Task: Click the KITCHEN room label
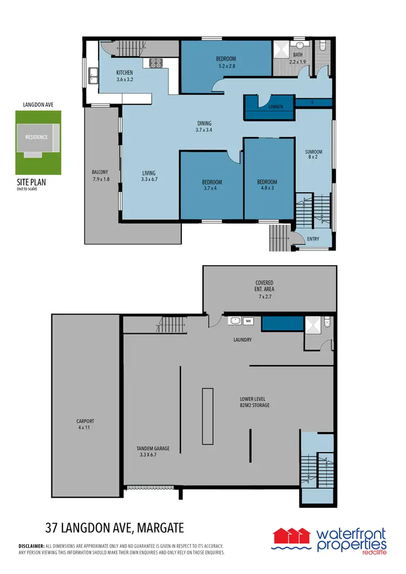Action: pos(125,73)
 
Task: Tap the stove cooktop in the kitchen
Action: pos(156,63)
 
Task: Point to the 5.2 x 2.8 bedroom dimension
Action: pos(226,66)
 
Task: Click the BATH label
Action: pos(298,55)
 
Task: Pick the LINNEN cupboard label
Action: pos(276,107)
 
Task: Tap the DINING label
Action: pos(204,123)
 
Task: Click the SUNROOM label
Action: pos(313,153)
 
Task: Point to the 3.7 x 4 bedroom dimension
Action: pos(212,189)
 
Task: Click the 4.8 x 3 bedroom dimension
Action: pos(267,189)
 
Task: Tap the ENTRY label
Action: pos(313,239)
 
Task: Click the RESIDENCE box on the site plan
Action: pos(37,138)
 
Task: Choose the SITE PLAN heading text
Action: pos(31,183)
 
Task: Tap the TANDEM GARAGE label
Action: pos(154,448)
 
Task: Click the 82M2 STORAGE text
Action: pos(254,405)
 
